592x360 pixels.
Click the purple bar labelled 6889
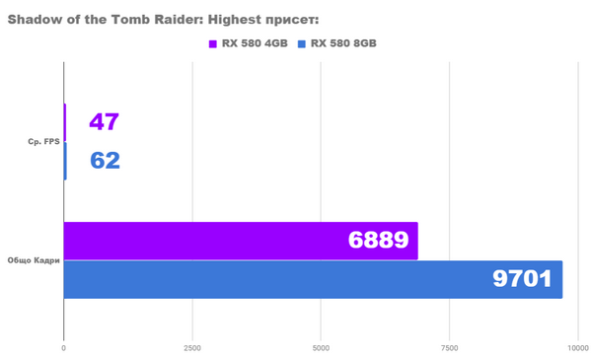click(x=237, y=241)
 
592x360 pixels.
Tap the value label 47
click(x=104, y=122)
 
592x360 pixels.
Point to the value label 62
click(x=105, y=160)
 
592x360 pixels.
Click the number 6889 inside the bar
click(x=379, y=241)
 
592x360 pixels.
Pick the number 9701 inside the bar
click(x=522, y=279)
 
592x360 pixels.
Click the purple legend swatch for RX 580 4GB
click(x=213, y=43)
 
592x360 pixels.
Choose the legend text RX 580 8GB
click(x=343, y=43)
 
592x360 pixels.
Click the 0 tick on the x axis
click(x=64, y=348)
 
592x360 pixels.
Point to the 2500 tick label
click(x=192, y=348)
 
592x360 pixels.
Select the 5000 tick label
click(x=321, y=348)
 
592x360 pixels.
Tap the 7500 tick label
click(x=450, y=348)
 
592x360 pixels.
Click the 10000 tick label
click(x=577, y=348)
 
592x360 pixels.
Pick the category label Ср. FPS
click(x=44, y=142)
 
